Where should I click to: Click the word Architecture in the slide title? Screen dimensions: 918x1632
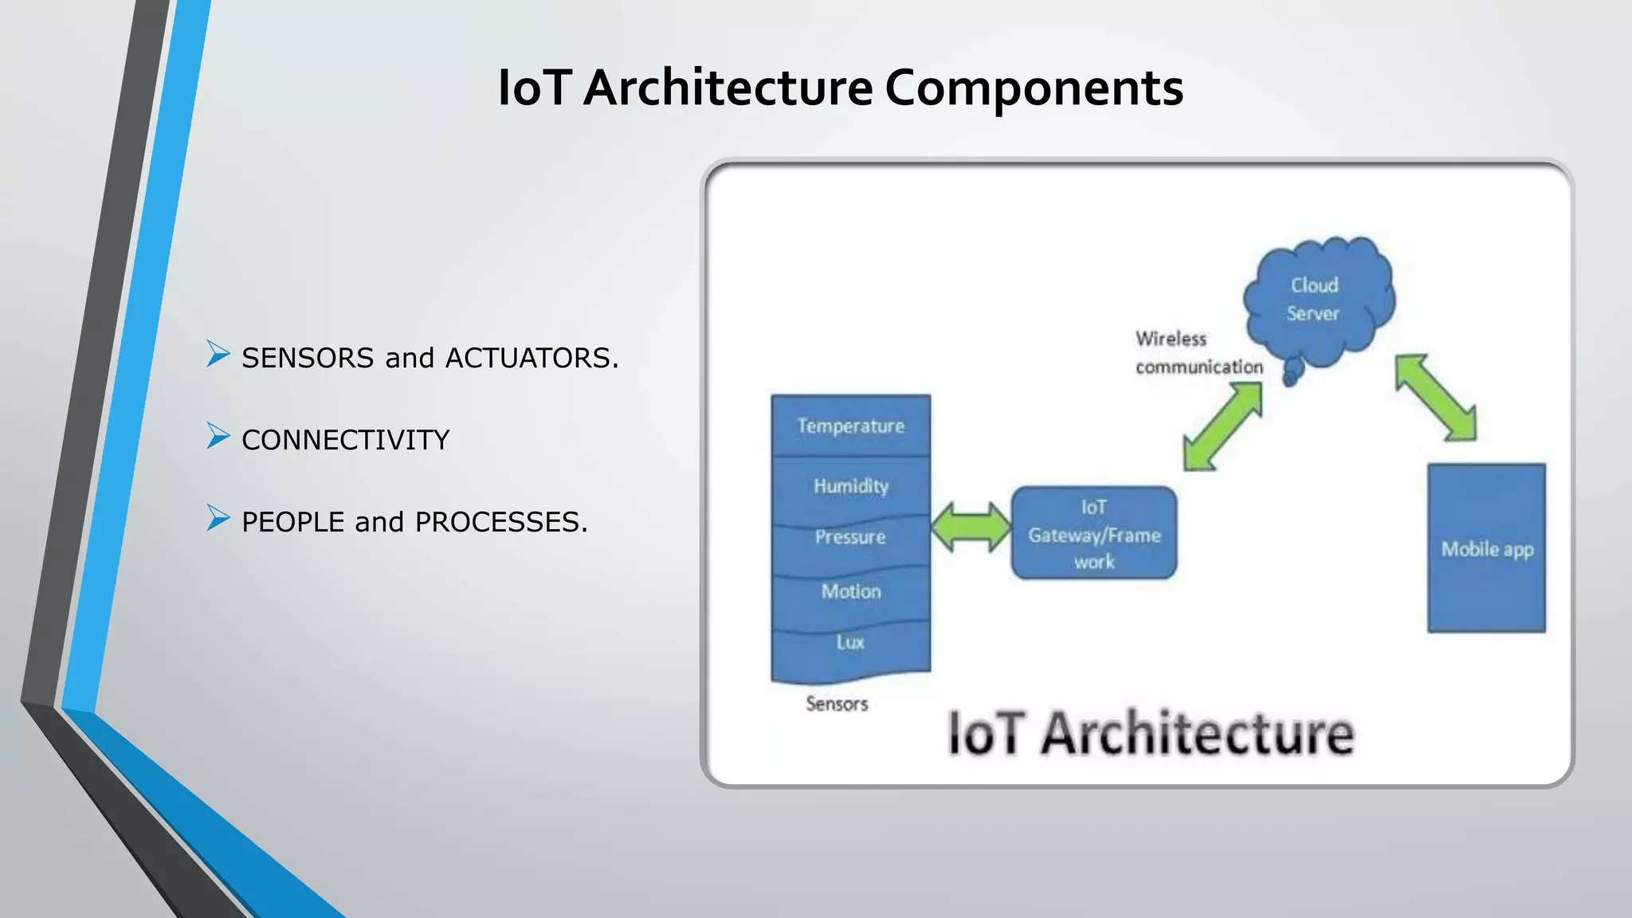click(x=727, y=88)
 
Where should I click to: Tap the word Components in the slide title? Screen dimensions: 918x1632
click(x=1034, y=88)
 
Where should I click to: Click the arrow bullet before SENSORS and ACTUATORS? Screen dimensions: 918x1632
click(x=218, y=354)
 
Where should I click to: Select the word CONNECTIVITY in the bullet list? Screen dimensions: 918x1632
click(x=345, y=440)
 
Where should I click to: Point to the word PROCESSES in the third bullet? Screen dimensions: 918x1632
click(x=500, y=522)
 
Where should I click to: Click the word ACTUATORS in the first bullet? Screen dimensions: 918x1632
click(x=531, y=358)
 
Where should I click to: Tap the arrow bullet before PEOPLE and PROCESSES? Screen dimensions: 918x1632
click(x=218, y=518)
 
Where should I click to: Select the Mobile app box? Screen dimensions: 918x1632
click(x=1486, y=548)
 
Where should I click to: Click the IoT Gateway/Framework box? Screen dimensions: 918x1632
click(x=1094, y=533)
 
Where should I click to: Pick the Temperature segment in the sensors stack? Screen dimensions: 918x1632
click(x=850, y=426)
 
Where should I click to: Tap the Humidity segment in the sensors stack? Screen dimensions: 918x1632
click(x=850, y=485)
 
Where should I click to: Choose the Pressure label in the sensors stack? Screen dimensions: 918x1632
click(x=850, y=537)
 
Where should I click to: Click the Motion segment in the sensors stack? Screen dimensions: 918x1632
click(x=850, y=591)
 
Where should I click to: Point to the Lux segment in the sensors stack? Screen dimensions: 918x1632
click(x=850, y=642)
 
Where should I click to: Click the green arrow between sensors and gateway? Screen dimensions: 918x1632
click(x=971, y=527)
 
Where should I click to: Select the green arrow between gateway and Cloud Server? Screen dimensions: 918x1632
click(x=1222, y=426)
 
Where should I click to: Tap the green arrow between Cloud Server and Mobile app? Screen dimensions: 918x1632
click(x=1435, y=398)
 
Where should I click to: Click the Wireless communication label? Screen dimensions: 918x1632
click(x=1198, y=353)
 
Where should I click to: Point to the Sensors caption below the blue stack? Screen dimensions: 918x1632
click(x=837, y=704)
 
